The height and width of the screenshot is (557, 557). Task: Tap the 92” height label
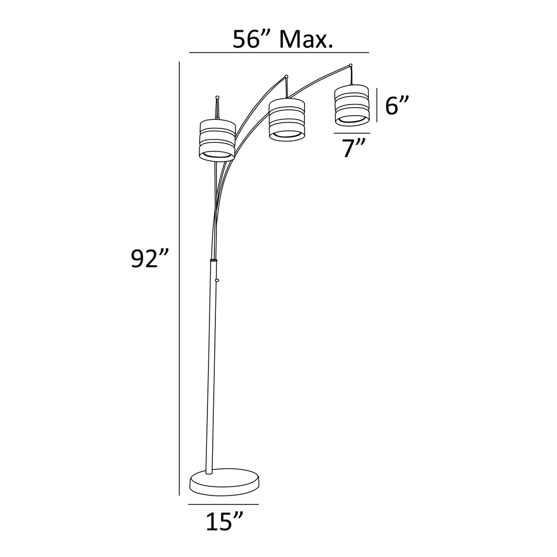pyautogui.click(x=150, y=260)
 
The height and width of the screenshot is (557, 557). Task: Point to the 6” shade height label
pyautogui.click(x=398, y=106)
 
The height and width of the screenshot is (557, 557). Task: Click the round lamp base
pyautogui.click(x=225, y=482)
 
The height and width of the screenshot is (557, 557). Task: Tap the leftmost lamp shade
pyautogui.click(x=217, y=140)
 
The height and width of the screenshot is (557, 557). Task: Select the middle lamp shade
pyautogui.click(x=287, y=119)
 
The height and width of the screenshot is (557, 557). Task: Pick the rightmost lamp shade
pyautogui.click(x=351, y=105)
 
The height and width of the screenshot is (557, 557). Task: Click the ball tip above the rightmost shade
pyautogui.click(x=351, y=66)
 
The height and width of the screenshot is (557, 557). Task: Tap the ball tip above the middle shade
pyautogui.click(x=286, y=77)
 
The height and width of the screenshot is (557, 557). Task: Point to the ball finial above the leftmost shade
pyautogui.click(x=217, y=97)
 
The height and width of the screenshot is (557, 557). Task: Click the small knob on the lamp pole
pyautogui.click(x=217, y=280)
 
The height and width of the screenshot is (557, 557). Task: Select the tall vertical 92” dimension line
pyautogui.click(x=180, y=276)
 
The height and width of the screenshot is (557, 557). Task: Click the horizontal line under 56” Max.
pyautogui.click(x=279, y=53)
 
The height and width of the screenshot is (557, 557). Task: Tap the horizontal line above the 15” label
pyautogui.click(x=223, y=504)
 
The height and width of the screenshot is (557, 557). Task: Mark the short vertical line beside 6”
pyautogui.click(x=377, y=105)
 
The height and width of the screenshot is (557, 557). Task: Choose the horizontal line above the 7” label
pyautogui.click(x=352, y=133)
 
